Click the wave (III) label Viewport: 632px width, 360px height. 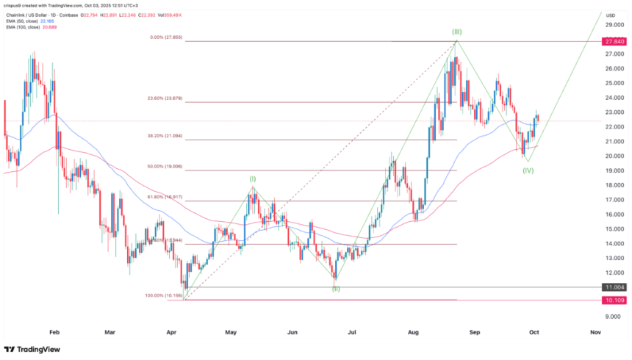tap(456, 33)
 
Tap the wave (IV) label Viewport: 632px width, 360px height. tap(528, 170)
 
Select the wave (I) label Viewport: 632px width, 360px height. tap(253, 179)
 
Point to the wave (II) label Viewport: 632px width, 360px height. tap(336, 289)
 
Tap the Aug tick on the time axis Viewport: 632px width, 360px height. tap(412, 332)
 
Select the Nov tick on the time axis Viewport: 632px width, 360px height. tap(596, 332)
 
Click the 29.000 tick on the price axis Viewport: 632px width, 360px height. tap(614, 25)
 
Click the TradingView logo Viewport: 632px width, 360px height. tap(32, 349)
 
